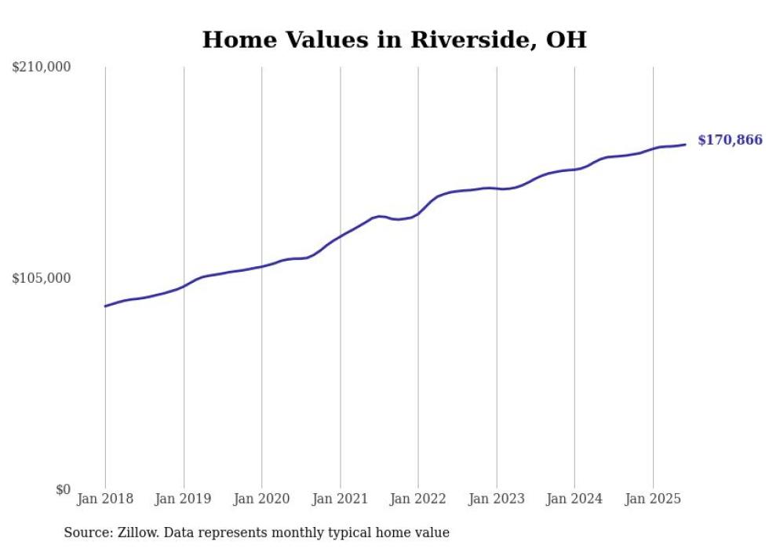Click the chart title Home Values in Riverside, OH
coord(394,40)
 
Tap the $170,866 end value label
coord(729,141)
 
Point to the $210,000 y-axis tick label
coord(42,68)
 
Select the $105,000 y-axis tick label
coord(42,279)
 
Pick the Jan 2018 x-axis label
coord(105,499)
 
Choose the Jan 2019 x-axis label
coord(184,499)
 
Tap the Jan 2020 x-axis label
coord(262,499)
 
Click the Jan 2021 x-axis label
coord(340,499)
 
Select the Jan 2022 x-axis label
coord(418,499)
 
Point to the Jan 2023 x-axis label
coord(496,499)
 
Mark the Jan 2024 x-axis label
coord(574,499)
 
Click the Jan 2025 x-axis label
coord(653,499)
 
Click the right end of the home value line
coord(685,145)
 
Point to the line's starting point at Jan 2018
coord(105,306)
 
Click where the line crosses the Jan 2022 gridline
coord(418,213)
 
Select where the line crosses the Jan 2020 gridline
coord(262,266)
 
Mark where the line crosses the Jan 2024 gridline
coord(574,170)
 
